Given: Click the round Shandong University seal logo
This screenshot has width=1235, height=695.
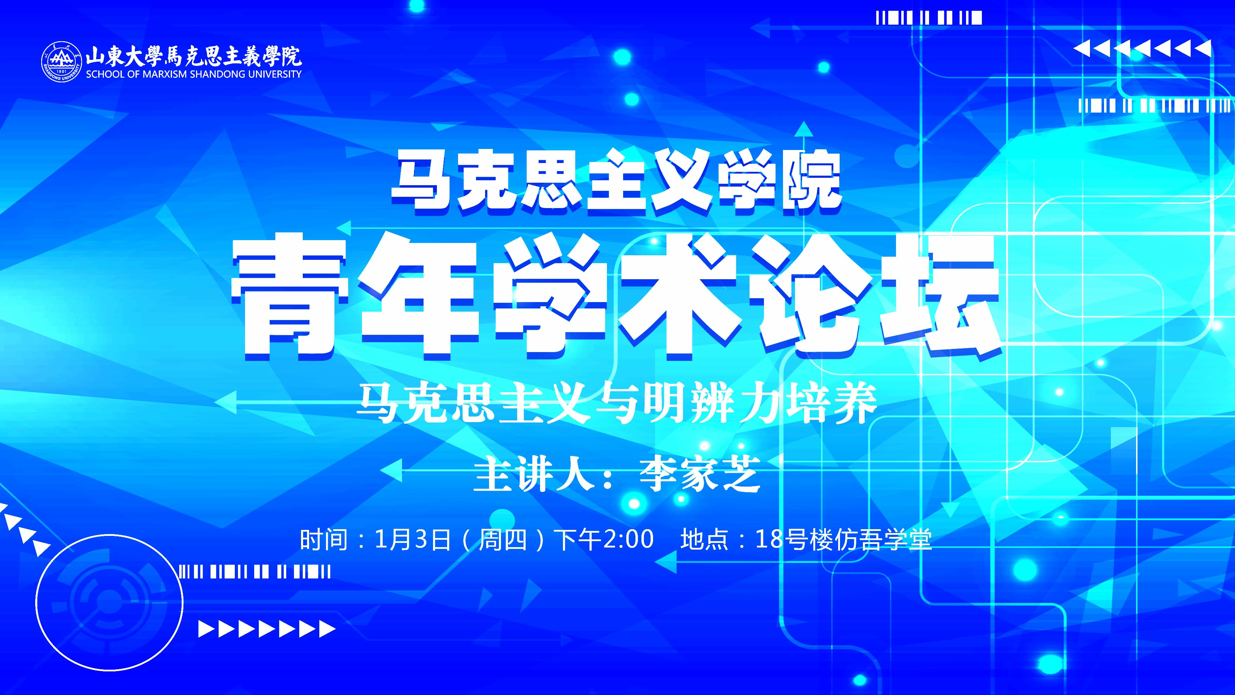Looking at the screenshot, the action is [x=62, y=62].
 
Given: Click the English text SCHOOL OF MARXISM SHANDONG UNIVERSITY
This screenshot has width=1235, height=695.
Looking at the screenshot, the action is [x=194, y=74].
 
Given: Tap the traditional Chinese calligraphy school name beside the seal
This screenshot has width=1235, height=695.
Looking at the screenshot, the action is [x=194, y=56].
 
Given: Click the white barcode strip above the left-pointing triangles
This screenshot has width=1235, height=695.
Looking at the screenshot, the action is [x=929, y=18].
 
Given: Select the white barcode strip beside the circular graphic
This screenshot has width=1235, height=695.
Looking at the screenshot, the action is [x=255, y=572].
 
